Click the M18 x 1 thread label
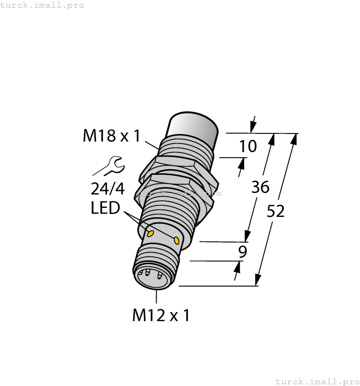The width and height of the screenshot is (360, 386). (x=112, y=135)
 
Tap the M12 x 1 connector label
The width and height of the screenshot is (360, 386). (x=161, y=315)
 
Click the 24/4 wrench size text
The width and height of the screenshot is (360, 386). (x=107, y=189)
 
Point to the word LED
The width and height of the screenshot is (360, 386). (x=106, y=209)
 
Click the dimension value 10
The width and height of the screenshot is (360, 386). (x=249, y=146)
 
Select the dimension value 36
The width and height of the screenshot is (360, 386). (x=260, y=187)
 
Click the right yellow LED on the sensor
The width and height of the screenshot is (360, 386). (x=176, y=240)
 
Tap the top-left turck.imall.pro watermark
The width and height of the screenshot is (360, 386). (x=42, y=5)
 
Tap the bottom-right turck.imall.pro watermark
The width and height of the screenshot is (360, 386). (x=316, y=381)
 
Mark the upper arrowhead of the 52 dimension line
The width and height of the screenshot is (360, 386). (x=293, y=138)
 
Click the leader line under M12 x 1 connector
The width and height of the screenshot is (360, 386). (x=157, y=296)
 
